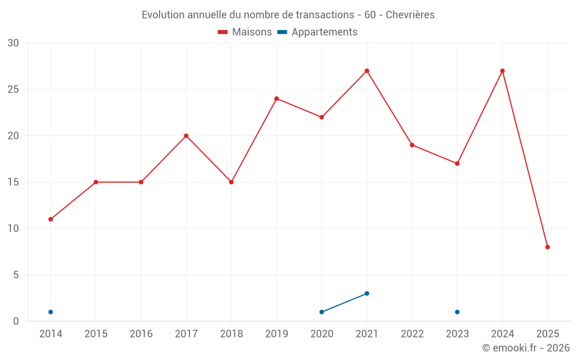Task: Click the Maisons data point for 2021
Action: (x=367, y=71)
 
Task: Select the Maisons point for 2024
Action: (x=502, y=71)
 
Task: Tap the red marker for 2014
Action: (x=51, y=219)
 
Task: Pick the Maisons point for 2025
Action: (x=548, y=247)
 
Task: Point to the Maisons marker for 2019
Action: (x=276, y=98)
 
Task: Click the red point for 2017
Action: (x=186, y=136)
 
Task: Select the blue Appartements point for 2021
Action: (x=367, y=294)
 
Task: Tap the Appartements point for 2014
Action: (x=51, y=312)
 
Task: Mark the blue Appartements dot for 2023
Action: (x=457, y=312)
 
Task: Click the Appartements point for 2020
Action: (x=321, y=312)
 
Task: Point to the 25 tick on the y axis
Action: (x=13, y=89)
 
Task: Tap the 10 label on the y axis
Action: (x=13, y=229)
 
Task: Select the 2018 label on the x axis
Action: (x=231, y=334)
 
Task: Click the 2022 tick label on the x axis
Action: (x=412, y=334)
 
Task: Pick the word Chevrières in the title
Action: (x=410, y=14)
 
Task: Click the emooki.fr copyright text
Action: (x=525, y=348)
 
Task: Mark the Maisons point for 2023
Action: (x=457, y=164)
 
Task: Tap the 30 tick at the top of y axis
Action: (x=13, y=43)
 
